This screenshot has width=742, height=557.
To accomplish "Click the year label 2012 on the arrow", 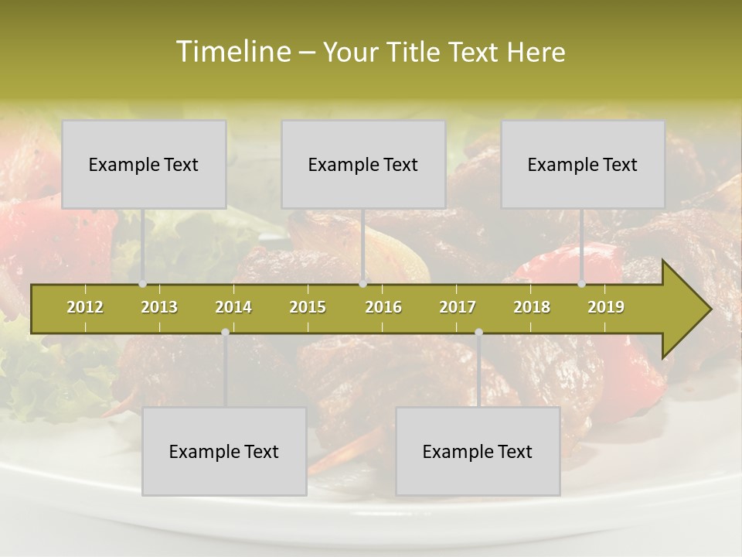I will click(x=85, y=307).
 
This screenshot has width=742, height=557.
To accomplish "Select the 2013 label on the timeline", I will click(x=159, y=307).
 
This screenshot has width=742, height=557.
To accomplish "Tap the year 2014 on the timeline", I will click(x=233, y=307).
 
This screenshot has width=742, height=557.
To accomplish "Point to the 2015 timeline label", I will click(x=308, y=307).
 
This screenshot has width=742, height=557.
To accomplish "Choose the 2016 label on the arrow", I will click(x=383, y=307).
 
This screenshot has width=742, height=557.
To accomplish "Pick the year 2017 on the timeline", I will click(x=458, y=307).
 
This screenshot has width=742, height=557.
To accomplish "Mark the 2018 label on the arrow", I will click(x=532, y=307).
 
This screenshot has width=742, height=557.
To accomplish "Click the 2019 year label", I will click(x=606, y=307).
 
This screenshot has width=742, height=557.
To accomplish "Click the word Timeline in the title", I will click(x=231, y=52).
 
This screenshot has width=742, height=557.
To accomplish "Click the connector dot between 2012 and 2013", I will click(x=143, y=284).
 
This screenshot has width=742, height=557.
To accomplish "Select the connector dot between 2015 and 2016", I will click(x=363, y=284).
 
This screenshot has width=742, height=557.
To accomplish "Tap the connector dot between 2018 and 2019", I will click(x=582, y=284).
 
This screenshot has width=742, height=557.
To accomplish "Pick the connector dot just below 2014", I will click(x=225, y=333).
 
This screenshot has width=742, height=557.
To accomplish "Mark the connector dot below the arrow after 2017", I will click(x=478, y=333).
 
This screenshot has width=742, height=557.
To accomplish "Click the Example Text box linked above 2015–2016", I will click(x=363, y=164).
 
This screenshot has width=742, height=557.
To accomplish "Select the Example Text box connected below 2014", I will click(x=224, y=451).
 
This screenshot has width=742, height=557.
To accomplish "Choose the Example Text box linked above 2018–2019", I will click(x=583, y=164).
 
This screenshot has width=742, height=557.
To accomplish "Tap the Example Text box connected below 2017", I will click(x=478, y=451).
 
